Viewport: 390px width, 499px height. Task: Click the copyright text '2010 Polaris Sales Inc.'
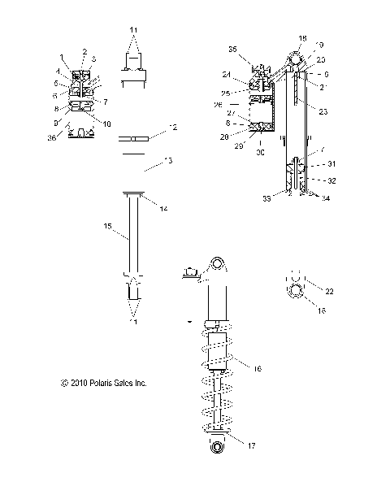tap(103, 382)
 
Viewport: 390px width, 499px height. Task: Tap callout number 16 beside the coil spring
tap(257, 368)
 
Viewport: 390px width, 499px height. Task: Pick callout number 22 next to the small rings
tap(329, 292)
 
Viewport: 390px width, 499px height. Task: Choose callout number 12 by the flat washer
tap(171, 128)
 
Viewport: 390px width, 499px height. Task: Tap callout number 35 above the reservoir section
tap(232, 50)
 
